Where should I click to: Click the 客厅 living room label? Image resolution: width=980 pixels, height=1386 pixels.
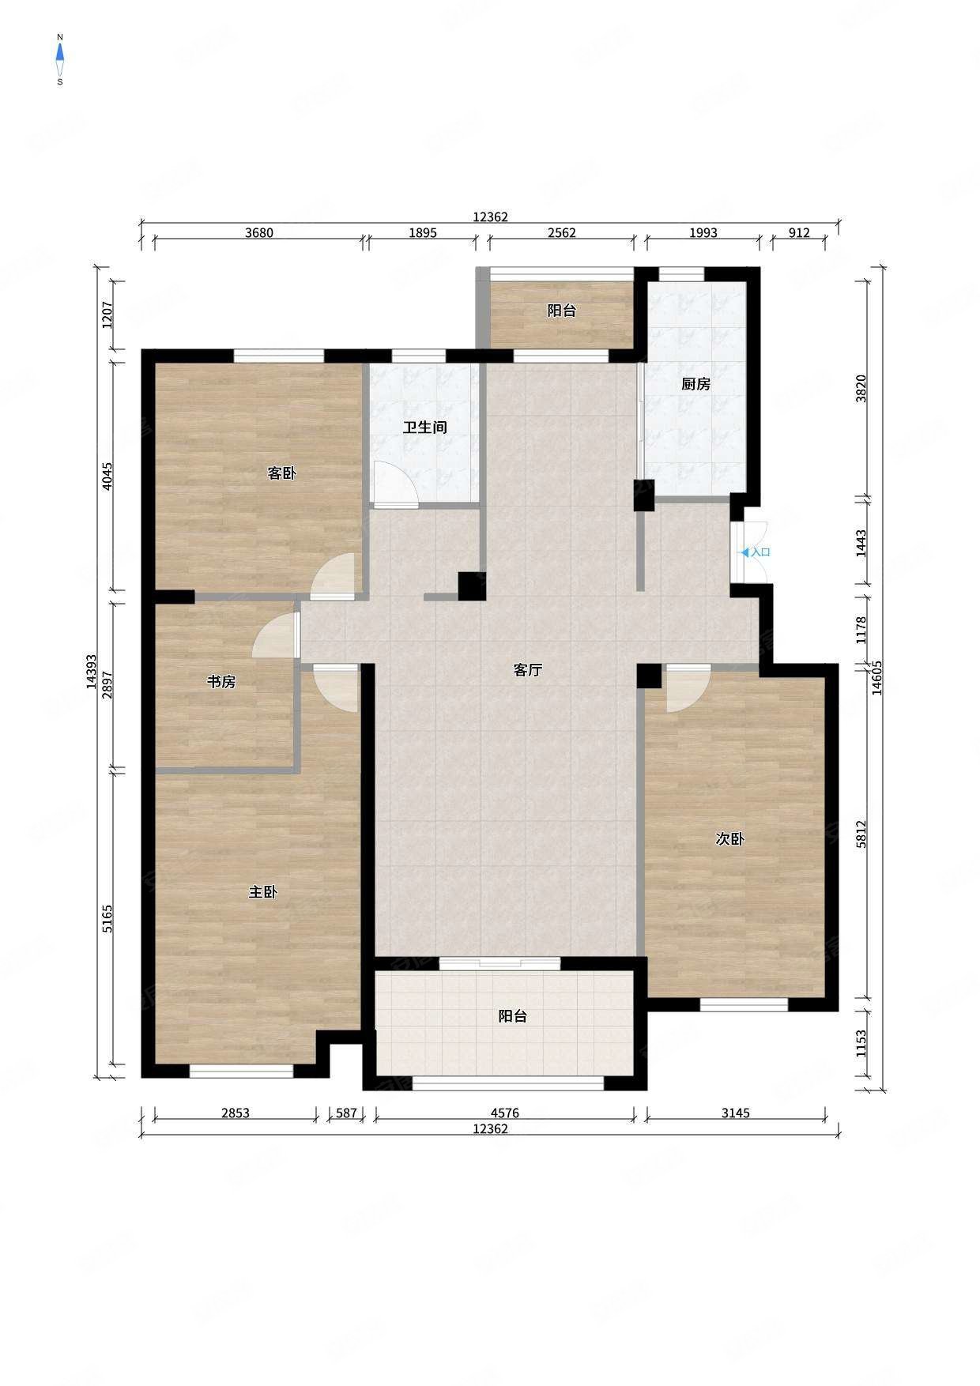(528, 670)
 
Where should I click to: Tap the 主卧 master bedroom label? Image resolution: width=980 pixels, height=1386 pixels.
(263, 892)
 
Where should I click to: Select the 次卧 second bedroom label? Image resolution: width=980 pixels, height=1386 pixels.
(729, 839)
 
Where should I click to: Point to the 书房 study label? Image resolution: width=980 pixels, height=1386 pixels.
(221, 681)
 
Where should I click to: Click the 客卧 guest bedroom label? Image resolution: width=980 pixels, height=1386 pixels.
(281, 473)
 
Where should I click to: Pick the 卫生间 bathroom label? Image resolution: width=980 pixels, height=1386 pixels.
(425, 427)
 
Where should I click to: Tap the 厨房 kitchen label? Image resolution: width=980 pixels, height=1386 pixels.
(695, 384)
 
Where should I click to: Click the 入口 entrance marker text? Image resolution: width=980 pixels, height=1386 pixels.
(760, 552)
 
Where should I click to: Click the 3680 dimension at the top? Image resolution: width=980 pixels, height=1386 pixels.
(259, 232)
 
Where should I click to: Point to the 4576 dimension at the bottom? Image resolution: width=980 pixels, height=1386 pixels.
(505, 1113)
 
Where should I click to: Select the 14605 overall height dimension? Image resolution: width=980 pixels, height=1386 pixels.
(876, 679)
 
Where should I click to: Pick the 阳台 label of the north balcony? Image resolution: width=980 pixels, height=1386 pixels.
(562, 311)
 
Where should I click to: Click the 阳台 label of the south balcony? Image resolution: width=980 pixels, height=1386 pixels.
(512, 1016)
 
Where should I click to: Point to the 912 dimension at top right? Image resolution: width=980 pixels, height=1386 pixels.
(800, 232)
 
